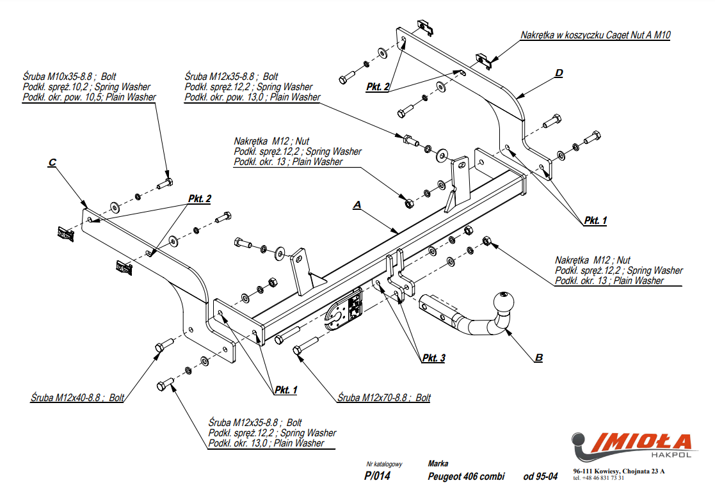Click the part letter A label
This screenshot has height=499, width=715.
tap(358, 205)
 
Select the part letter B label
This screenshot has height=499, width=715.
tap(538, 357)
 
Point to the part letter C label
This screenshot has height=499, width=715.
tap(52, 163)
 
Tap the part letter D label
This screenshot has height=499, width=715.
tap(558, 73)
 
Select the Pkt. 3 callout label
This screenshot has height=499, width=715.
tap(433, 358)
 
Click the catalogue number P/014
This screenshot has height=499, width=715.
tap(377, 476)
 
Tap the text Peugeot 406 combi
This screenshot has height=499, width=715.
tap(465, 476)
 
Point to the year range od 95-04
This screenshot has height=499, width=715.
tap(540, 476)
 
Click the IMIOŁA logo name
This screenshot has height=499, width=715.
tap(643, 442)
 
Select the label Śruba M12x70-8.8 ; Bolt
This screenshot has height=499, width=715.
tap(384, 397)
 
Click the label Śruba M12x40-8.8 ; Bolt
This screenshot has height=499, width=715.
tap(77, 397)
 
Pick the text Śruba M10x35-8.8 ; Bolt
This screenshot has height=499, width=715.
tap(69, 76)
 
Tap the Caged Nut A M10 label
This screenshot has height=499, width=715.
tap(595, 35)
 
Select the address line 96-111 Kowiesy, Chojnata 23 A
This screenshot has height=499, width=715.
tap(618, 471)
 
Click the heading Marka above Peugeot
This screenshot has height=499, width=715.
tap(438, 463)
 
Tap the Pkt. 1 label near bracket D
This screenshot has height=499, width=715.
tap(595, 220)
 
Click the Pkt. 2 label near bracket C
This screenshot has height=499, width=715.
tap(200, 199)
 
